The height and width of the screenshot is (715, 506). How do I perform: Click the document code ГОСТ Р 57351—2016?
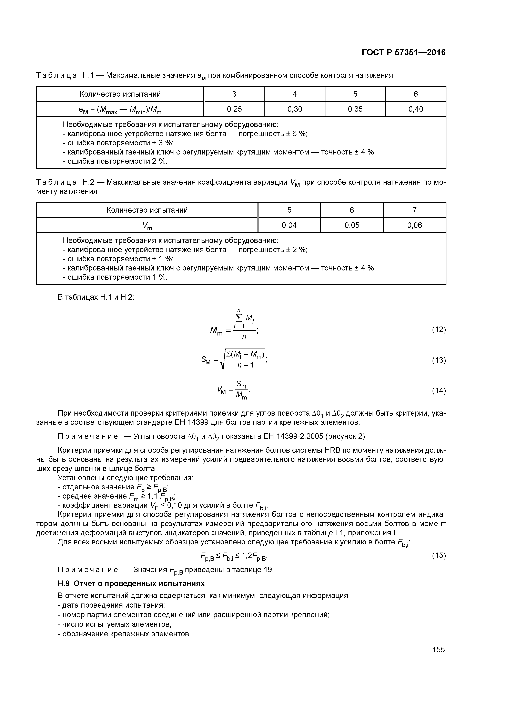point(403,53)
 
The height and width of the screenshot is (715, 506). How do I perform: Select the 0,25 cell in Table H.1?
point(234,109)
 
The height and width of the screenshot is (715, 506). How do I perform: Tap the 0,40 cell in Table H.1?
point(416,109)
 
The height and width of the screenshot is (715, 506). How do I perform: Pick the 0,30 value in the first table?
point(295,109)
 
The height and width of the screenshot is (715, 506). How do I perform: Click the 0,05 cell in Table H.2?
point(352,225)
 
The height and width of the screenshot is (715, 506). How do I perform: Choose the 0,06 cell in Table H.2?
point(414,225)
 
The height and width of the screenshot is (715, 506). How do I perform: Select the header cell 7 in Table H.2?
point(414,210)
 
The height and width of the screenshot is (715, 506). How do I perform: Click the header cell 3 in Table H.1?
point(234,94)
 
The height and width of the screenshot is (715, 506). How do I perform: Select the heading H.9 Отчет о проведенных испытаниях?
point(131,584)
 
